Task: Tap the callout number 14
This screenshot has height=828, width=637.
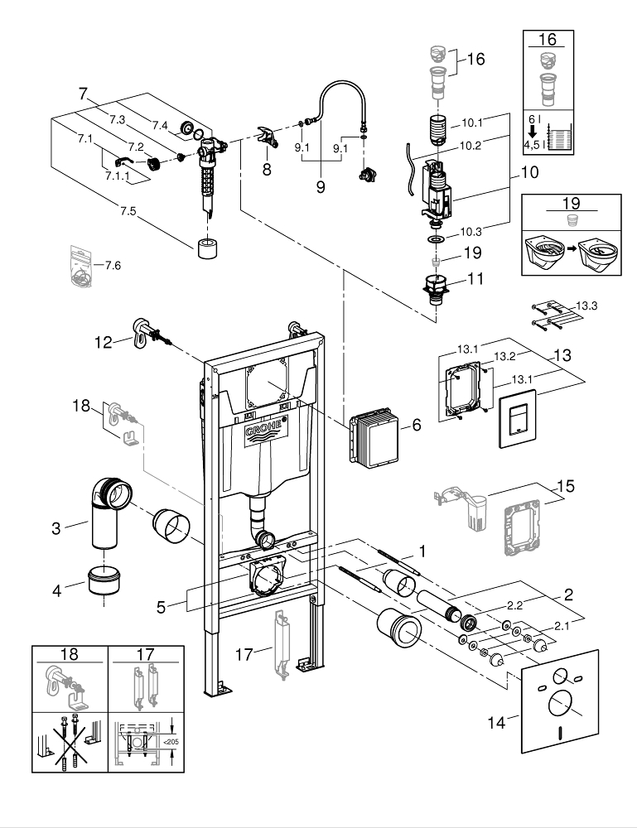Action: click(x=496, y=722)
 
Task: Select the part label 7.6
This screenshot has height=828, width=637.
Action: click(x=113, y=265)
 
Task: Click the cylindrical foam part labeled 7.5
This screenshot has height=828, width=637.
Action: click(x=208, y=248)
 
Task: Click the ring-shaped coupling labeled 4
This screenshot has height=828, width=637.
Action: click(x=104, y=580)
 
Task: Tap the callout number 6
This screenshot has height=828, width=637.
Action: click(x=417, y=425)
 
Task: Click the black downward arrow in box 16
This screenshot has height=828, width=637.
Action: click(x=533, y=131)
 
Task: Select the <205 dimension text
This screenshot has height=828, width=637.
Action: click(x=171, y=742)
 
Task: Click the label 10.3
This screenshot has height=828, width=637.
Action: click(x=471, y=231)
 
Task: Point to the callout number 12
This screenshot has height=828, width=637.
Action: click(x=104, y=343)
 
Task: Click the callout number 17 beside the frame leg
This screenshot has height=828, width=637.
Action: click(x=244, y=655)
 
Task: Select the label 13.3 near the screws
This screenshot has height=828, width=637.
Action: click(x=586, y=306)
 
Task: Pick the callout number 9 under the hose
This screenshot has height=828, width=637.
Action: click(x=321, y=186)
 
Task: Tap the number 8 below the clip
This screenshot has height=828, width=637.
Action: click(x=267, y=169)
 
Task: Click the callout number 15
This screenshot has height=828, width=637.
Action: click(x=566, y=486)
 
